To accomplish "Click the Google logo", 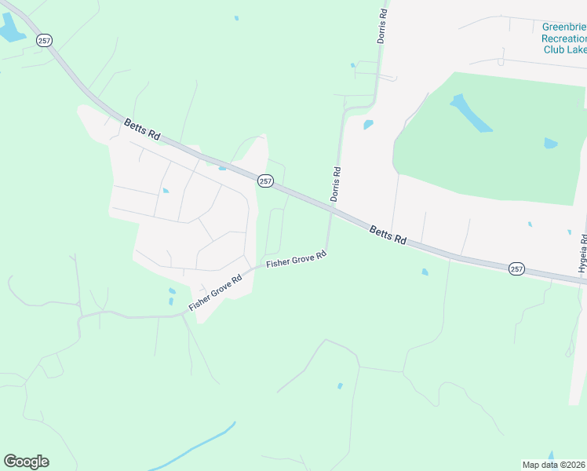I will (x=26, y=462).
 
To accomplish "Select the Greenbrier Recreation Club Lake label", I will (x=564, y=38).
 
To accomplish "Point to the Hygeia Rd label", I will (x=582, y=254).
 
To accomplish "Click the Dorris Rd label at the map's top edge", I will (x=382, y=25).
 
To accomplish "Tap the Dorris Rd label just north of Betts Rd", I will (x=335, y=184).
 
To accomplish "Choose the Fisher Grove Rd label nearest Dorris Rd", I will (x=296, y=259).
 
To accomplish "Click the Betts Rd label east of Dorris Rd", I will (x=388, y=234).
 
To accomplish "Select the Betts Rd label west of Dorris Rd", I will (x=142, y=130).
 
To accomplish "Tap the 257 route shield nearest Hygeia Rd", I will (x=516, y=268).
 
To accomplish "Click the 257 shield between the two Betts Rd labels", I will (x=265, y=181).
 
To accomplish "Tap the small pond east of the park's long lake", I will (x=550, y=144).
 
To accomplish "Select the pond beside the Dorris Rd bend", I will (x=368, y=125).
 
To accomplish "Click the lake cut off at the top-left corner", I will (x=11, y=30).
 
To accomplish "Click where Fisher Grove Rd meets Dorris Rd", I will (x=327, y=251).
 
